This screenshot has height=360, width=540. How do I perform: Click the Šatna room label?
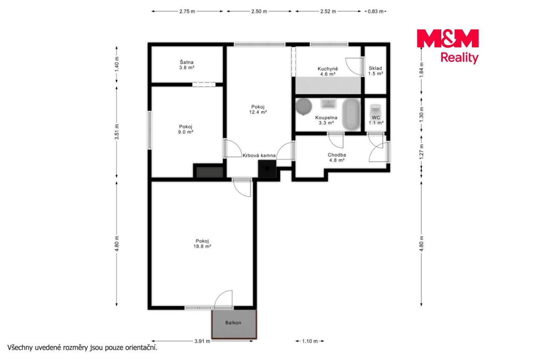(x=186, y=62)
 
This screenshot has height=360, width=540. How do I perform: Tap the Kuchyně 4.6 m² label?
(x=327, y=71)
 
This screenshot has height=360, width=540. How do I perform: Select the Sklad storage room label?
(x=375, y=68)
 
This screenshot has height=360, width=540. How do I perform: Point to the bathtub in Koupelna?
(x=351, y=114)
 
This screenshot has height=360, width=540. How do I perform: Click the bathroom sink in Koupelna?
(x=328, y=104)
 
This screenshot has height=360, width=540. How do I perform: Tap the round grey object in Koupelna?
(x=304, y=106)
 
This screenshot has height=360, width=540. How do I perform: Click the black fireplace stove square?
(x=267, y=169)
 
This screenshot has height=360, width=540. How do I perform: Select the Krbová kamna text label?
(x=259, y=156)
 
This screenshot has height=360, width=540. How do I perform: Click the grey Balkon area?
(x=234, y=324)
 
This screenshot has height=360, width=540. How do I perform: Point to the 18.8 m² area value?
(x=202, y=246)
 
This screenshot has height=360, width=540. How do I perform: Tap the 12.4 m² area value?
(x=258, y=112)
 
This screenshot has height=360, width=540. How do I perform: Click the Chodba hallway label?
(x=337, y=155)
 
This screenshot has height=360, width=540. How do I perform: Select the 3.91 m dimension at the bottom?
(x=202, y=341)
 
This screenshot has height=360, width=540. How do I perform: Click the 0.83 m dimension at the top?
(x=375, y=11)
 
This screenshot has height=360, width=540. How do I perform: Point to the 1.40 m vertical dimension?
(x=117, y=64)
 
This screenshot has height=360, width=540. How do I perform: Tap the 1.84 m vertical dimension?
(x=422, y=70)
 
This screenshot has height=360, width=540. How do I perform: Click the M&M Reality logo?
(x=448, y=46)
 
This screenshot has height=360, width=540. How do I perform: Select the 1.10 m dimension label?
(x=310, y=341)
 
